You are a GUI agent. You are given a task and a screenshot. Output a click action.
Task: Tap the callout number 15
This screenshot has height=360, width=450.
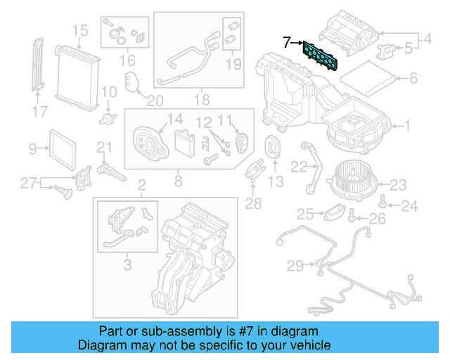[79, 30]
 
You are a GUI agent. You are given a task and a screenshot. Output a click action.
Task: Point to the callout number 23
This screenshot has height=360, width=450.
[399, 185]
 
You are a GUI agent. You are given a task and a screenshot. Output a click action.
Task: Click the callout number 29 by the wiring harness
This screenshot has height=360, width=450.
[295, 265]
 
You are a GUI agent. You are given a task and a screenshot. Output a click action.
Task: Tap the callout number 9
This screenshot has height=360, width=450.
[33, 148]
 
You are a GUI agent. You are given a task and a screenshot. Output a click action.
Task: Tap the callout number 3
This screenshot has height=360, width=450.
[127, 265]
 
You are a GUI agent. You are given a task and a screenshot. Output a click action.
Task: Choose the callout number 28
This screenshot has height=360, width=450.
[252, 205]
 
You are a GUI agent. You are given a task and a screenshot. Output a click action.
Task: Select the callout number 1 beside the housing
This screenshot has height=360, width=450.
[405, 127]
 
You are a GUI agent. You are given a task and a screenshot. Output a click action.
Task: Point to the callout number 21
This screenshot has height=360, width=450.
[104, 147]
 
